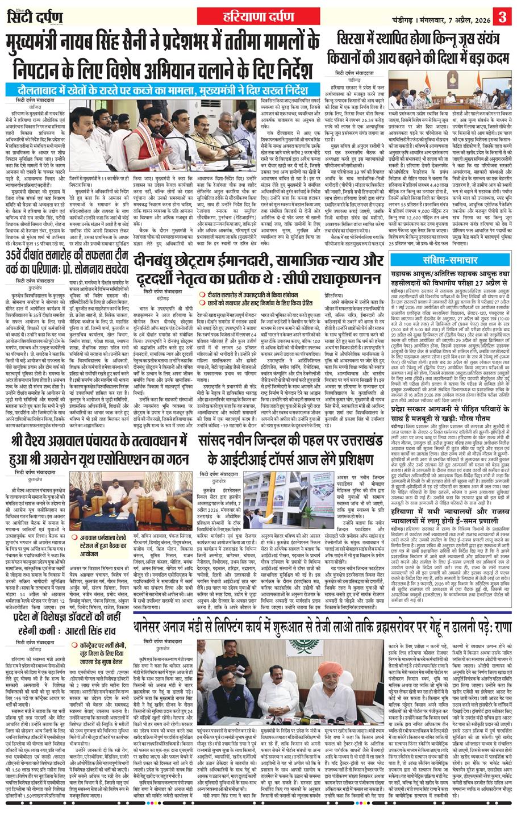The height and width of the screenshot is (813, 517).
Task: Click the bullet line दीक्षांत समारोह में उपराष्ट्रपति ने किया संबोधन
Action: click(x=245, y=294)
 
